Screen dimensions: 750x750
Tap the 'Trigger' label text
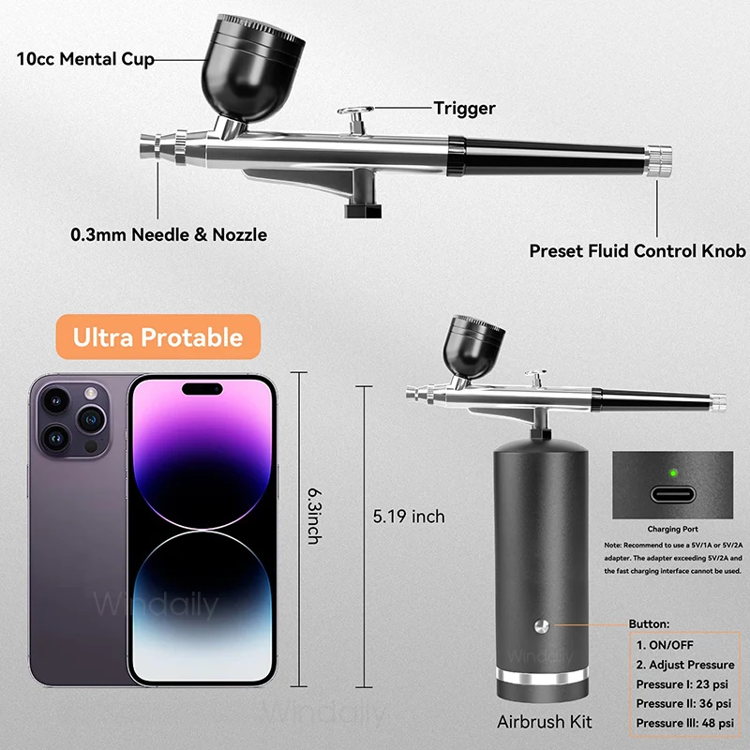pos(464,109)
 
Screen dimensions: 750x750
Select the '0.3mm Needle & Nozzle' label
pos(169,234)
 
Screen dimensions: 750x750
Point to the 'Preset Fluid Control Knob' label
pos(637,251)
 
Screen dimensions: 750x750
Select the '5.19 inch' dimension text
pos(409,516)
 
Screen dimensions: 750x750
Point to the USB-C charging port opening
pos(672,498)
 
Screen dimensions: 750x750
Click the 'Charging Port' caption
pos(672,530)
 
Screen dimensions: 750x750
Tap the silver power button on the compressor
pos(542,626)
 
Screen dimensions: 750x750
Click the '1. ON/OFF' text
pos(668,644)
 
